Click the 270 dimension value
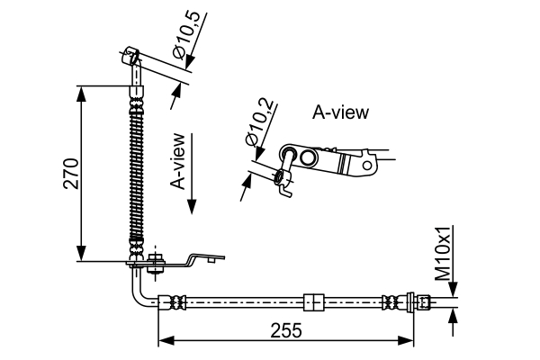tap(72, 173)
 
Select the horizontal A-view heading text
tap(340, 112)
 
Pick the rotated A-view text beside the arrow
tap(178, 162)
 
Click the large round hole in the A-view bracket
tap(308, 158)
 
